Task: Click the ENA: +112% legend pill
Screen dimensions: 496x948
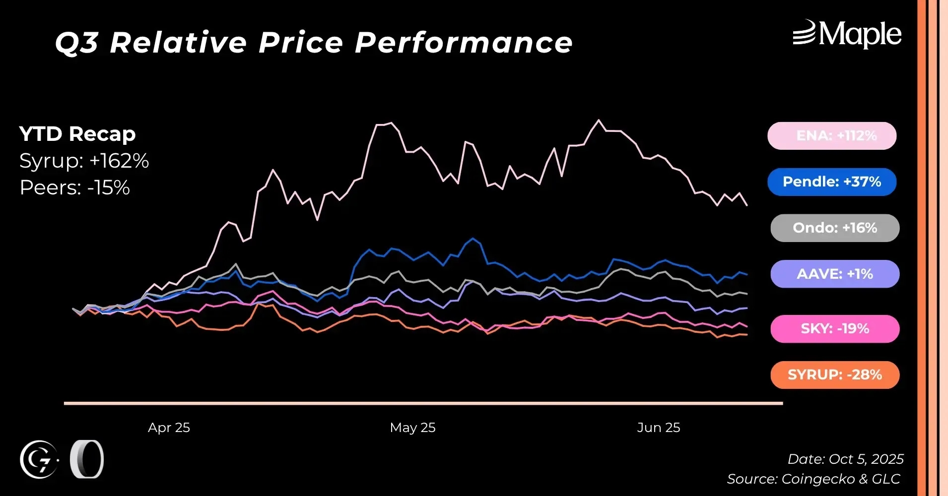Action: (x=832, y=136)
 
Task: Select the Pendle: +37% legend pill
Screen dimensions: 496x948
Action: (x=832, y=182)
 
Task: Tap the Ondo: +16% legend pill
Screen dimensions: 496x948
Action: (x=835, y=228)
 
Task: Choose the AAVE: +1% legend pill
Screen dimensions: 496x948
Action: (x=835, y=274)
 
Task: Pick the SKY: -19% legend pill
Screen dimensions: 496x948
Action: (x=835, y=329)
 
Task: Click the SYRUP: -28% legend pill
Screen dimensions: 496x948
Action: (x=835, y=375)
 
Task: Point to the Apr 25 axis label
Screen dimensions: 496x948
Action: (x=169, y=428)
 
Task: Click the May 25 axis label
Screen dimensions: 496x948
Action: (x=412, y=428)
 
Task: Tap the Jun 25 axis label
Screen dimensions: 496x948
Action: (x=659, y=428)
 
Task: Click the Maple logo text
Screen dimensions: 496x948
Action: (x=859, y=35)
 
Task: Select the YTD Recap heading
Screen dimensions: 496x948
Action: (x=77, y=134)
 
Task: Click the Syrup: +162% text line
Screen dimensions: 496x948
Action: (x=84, y=161)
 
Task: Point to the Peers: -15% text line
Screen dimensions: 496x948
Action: (x=74, y=188)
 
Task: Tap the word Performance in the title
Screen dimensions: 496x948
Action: (x=464, y=43)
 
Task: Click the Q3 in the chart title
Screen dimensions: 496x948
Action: (x=76, y=43)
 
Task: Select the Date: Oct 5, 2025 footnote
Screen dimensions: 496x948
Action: (x=845, y=459)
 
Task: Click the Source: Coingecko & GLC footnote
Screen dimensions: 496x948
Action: (x=813, y=479)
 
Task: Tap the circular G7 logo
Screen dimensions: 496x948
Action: (x=39, y=460)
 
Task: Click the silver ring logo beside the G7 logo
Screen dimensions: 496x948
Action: (x=86, y=459)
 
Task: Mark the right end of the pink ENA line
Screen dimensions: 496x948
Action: (x=747, y=205)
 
